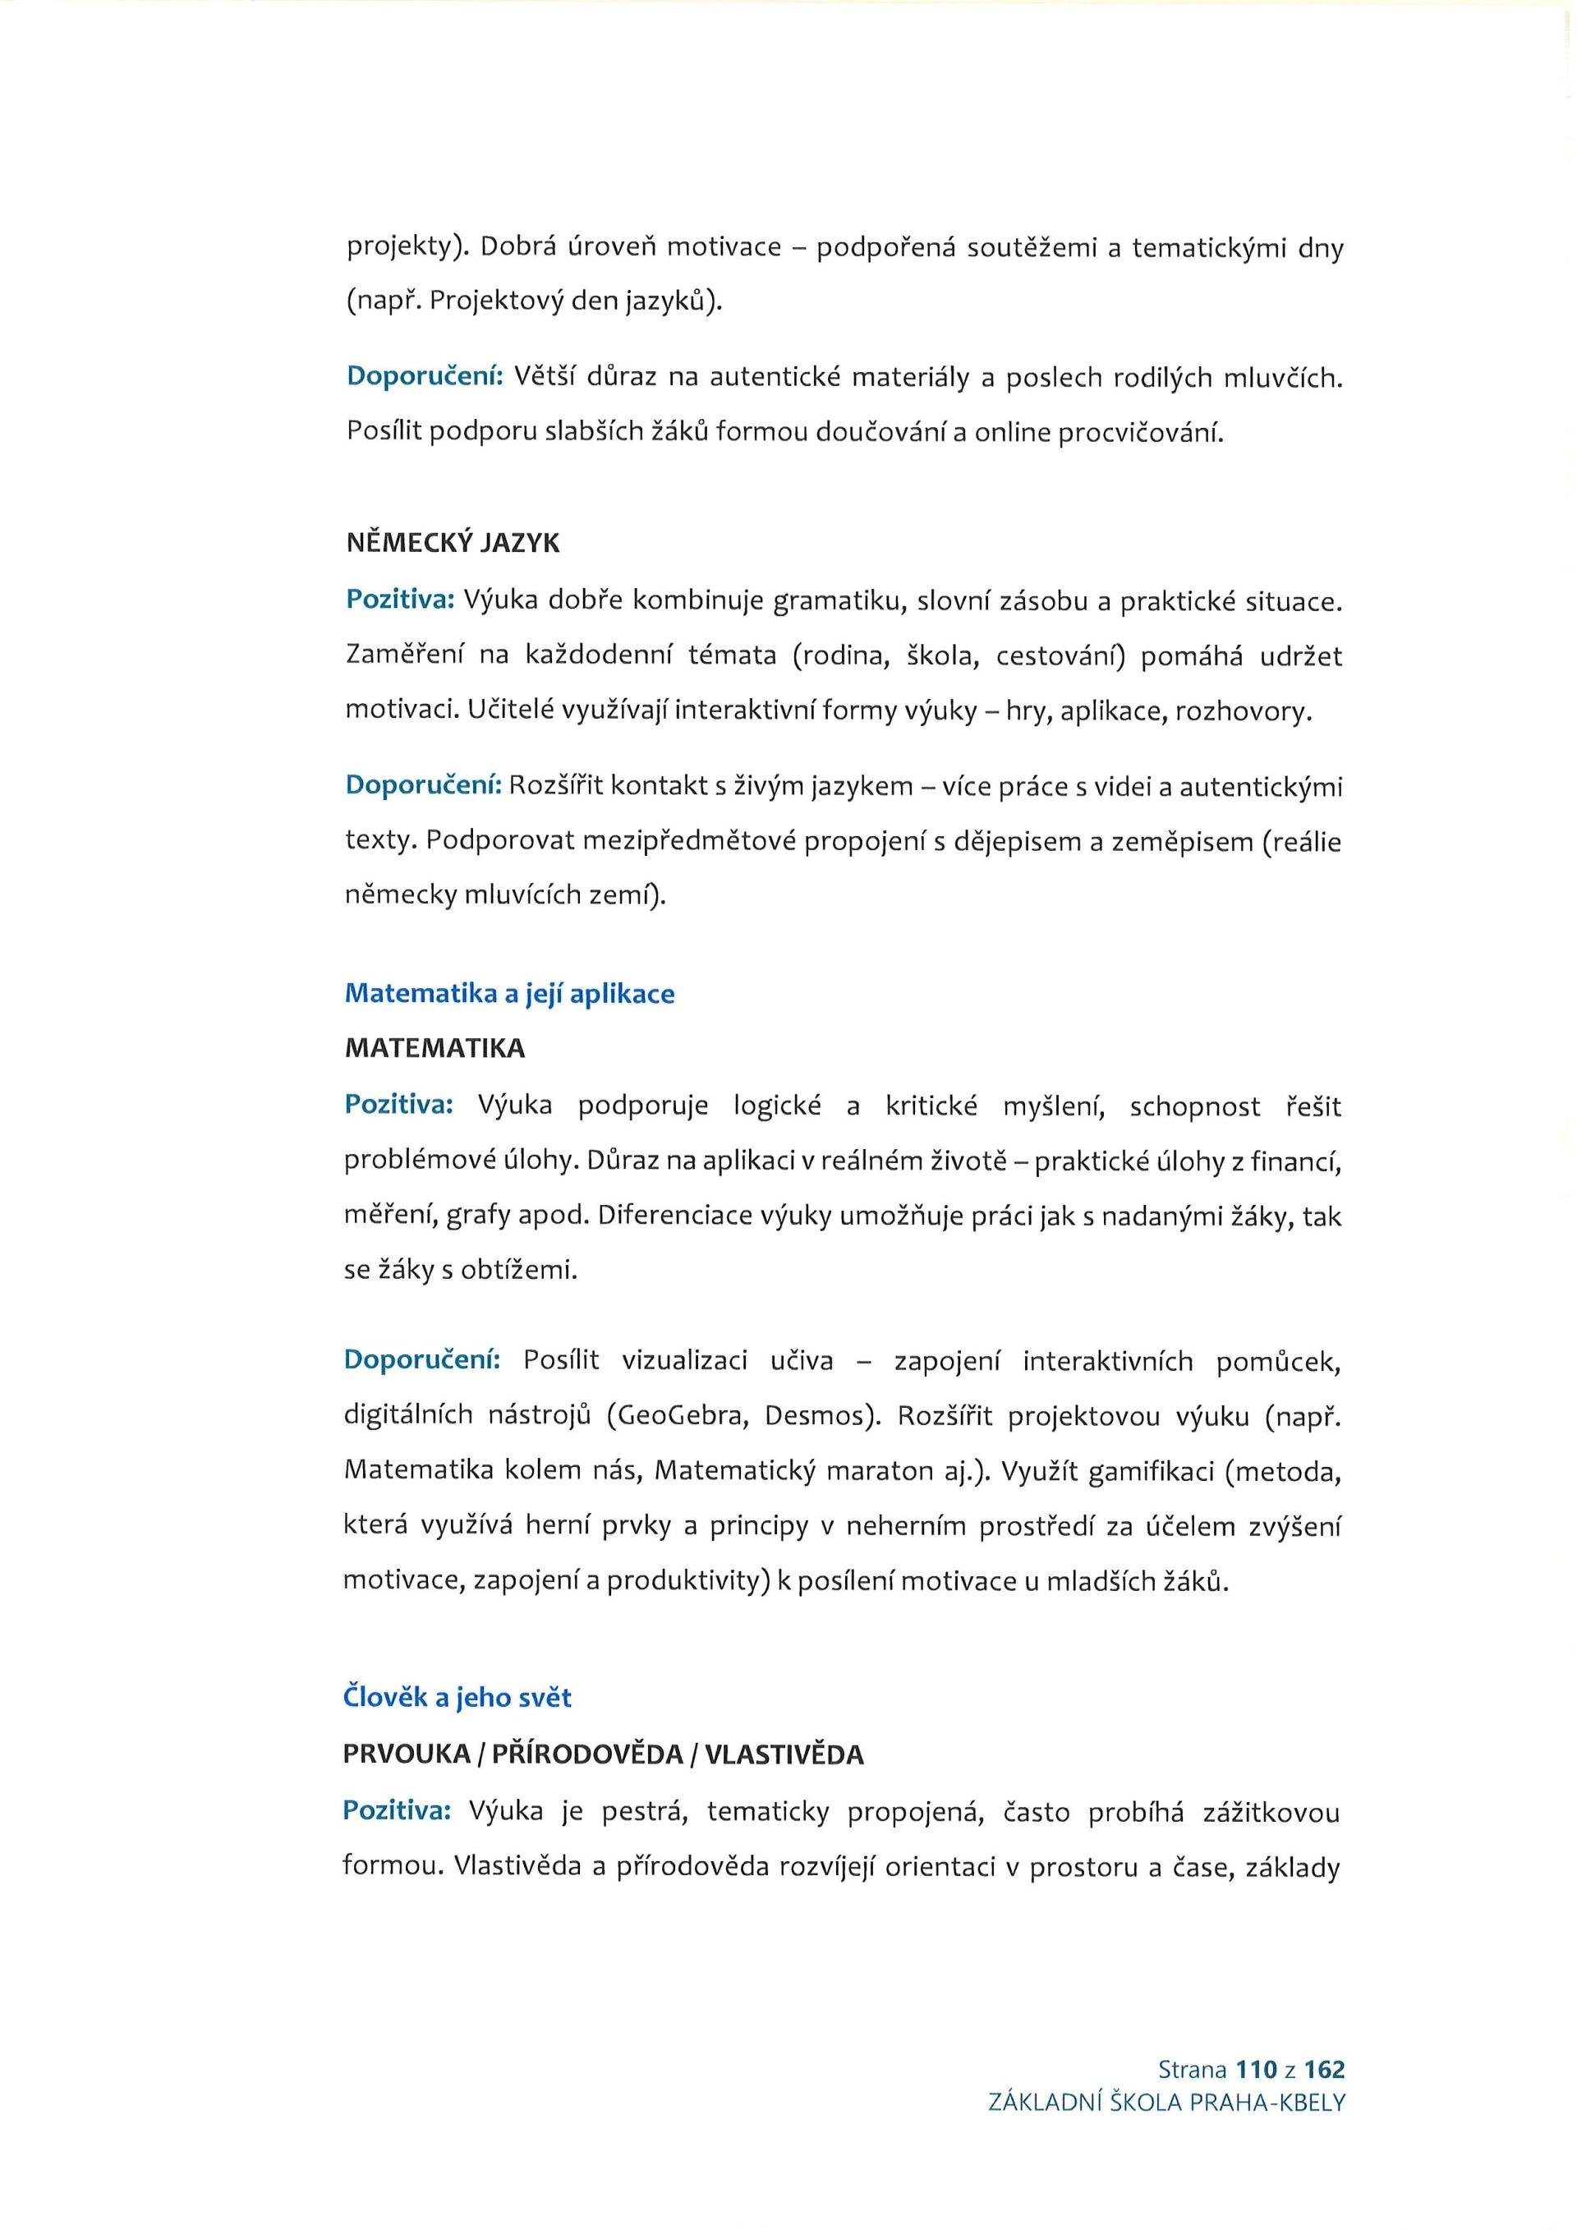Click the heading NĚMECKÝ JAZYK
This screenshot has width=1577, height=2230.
[453, 543]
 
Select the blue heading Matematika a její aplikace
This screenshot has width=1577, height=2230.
[509, 994]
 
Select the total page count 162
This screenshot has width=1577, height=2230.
[1325, 2070]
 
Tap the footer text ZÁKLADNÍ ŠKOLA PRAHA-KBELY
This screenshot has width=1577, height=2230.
[1166, 2103]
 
